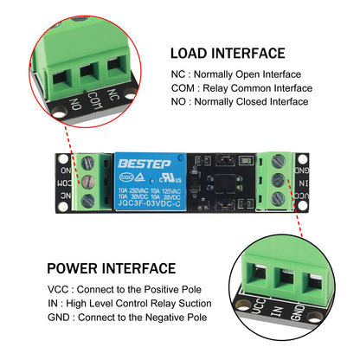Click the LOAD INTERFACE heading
coord(227,54)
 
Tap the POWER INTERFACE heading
coord(111,268)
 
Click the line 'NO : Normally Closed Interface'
coord(240,101)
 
